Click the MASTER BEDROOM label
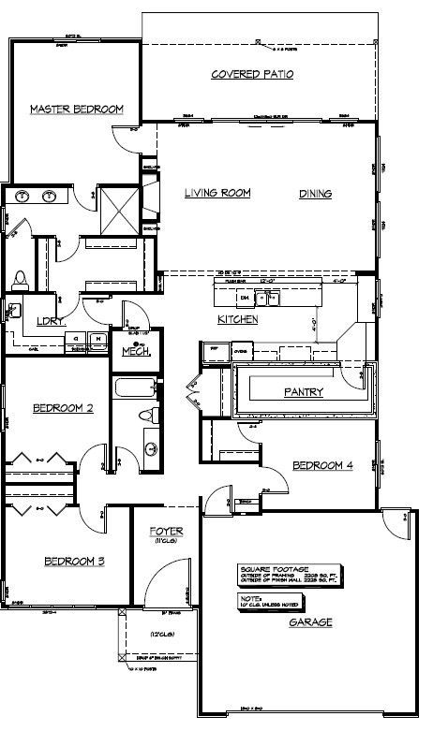[77, 110]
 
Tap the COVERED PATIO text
[252, 74]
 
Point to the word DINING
[316, 194]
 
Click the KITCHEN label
[238, 320]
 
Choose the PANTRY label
[304, 392]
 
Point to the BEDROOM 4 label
[322, 465]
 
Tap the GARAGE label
[310, 621]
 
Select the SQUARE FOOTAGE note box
[286, 574]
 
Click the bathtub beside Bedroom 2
[132, 388]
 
